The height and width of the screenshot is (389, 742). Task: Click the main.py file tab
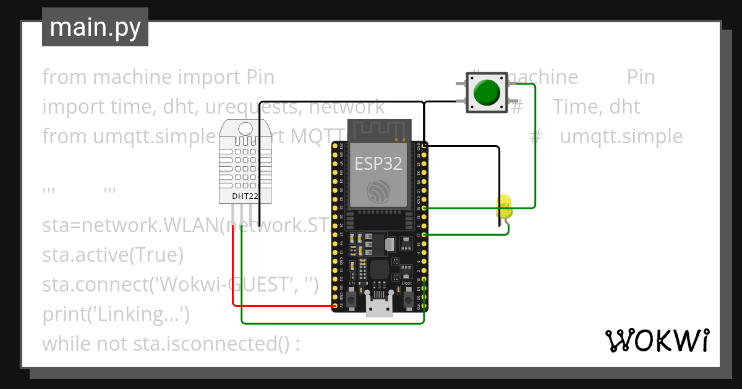pyautogui.click(x=95, y=27)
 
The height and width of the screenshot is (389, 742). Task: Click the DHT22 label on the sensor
pyautogui.click(x=245, y=196)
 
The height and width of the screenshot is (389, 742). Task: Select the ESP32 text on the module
pyautogui.click(x=378, y=163)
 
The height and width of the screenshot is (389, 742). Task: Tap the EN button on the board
pyautogui.click(x=351, y=299)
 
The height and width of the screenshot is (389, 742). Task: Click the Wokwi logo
pyautogui.click(x=657, y=340)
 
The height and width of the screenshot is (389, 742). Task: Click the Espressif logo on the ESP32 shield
pyautogui.click(x=378, y=191)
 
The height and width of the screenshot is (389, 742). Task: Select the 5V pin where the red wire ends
pyautogui.click(x=335, y=306)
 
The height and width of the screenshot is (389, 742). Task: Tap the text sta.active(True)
pyautogui.click(x=113, y=254)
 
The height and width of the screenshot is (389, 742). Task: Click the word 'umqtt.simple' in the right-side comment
pyautogui.click(x=621, y=136)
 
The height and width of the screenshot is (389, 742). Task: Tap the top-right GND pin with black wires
pyautogui.click(x=424, y=146)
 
